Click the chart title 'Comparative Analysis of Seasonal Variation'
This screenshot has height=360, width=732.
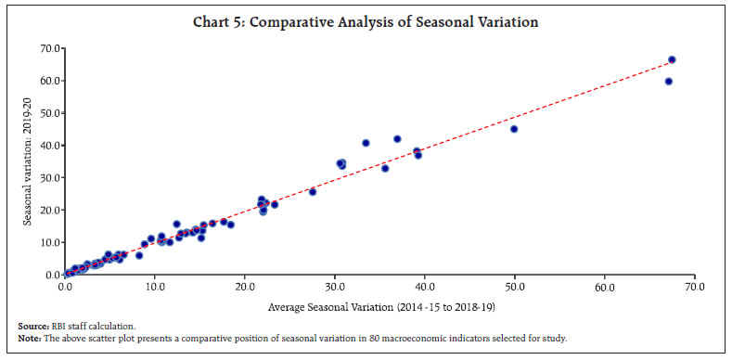[x=366, y=19]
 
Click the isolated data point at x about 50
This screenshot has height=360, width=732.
[x=514, y=129]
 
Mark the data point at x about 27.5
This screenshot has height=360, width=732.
[x=313, y=192]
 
